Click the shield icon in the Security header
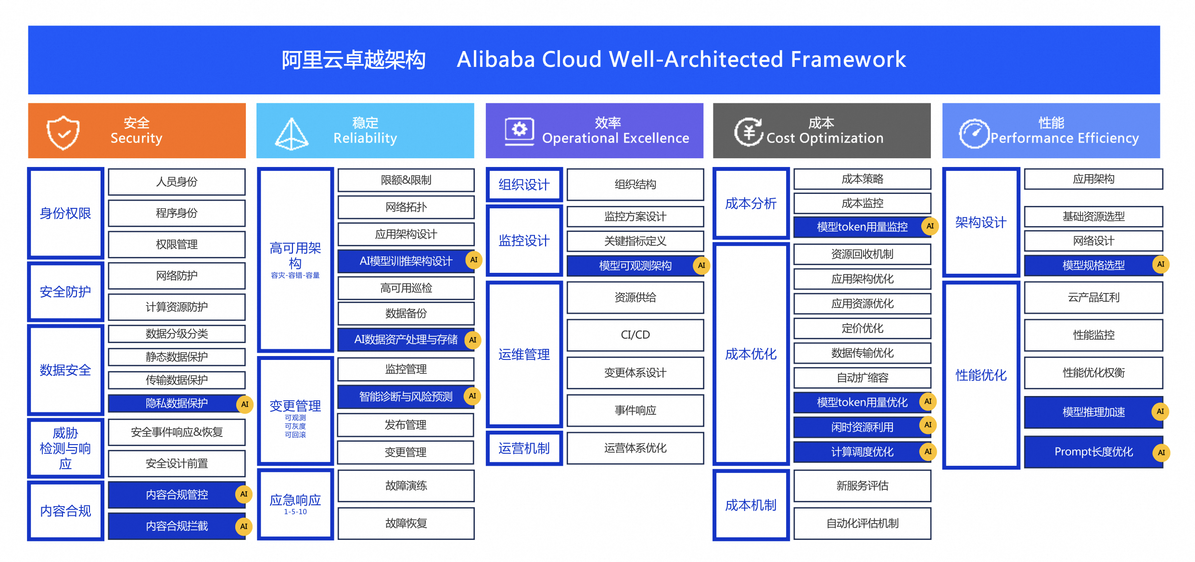pyautogui.click(x=63, y=132)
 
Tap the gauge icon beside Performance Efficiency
pyautogui.click(x=974, y=133)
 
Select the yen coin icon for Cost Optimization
pyautogui.click(x=749, y=131)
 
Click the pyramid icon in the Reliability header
pyautogui.click(x=292, y=134)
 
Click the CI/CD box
pyautogui.click(x=635, y=335)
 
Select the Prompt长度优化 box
pyautogui.click(x=1093, y=452)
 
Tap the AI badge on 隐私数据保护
pyautogui.click(x=245, y=404)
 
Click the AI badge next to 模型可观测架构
pyautogui.click(x=701, y=265)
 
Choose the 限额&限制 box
pyautogui.click(x=406, y=180)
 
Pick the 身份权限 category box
pyautogui.click(x=65, y=213)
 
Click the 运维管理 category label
pyautogui.click(x=524, y=355)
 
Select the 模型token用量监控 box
pyautogui.click(x=862, y=227)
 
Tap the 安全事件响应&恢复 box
pyautogui.click(x=177, y=432)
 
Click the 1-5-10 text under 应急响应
pyautogui.click(x=295, y=512)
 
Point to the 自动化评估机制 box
pyautogui.click(x=862, y=524)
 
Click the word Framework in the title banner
pyautogui.click(x=848, y=60)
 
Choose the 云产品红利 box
pyautogui.click(x=1093, y=297)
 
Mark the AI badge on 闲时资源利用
pyautogui.click(x=928, y=425)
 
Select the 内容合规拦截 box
pyautogui.click(x=177, y=526)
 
